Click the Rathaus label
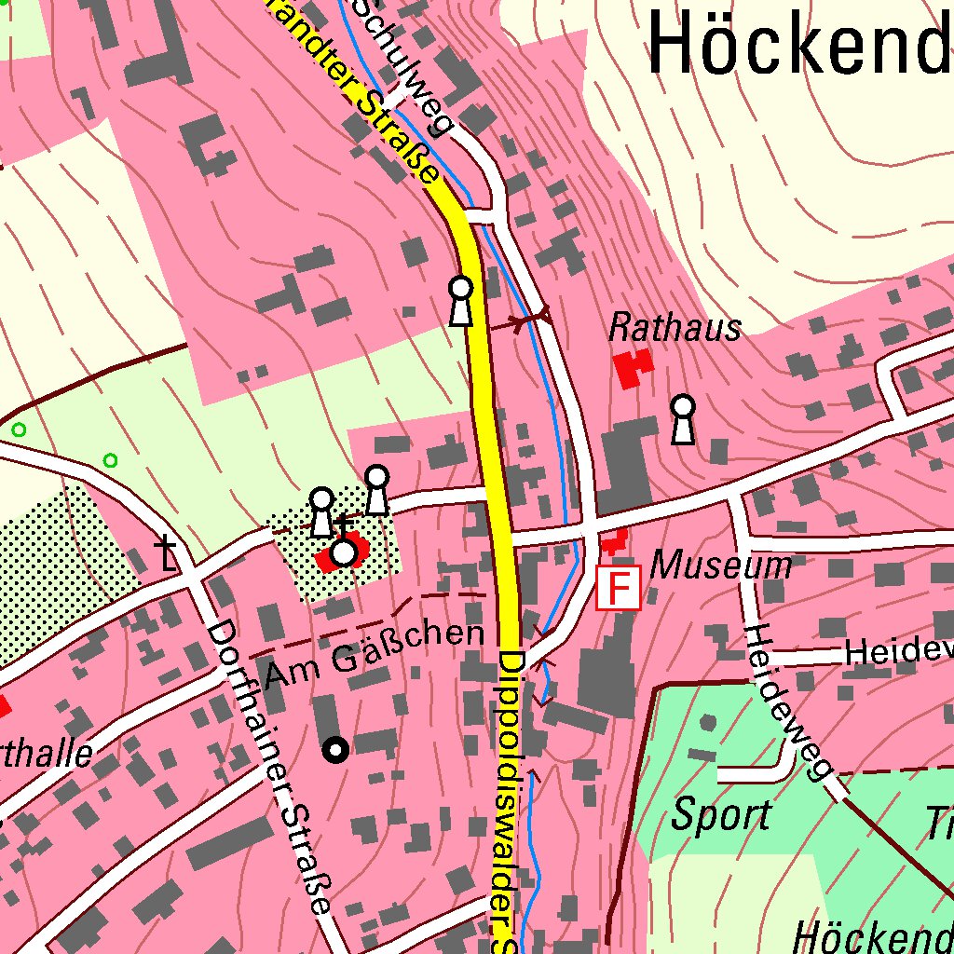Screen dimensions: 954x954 (x=675, y=328)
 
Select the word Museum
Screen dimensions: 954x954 (x=721, y=565)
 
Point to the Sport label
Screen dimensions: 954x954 (x=721, y=816)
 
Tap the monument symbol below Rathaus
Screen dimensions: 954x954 (x=684, y=418)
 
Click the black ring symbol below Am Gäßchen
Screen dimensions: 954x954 (x=335, y=749)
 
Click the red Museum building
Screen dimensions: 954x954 (x=613, y=540)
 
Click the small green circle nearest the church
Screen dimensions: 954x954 (x=110, y=460)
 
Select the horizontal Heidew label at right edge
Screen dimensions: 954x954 (x=898, y=653)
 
